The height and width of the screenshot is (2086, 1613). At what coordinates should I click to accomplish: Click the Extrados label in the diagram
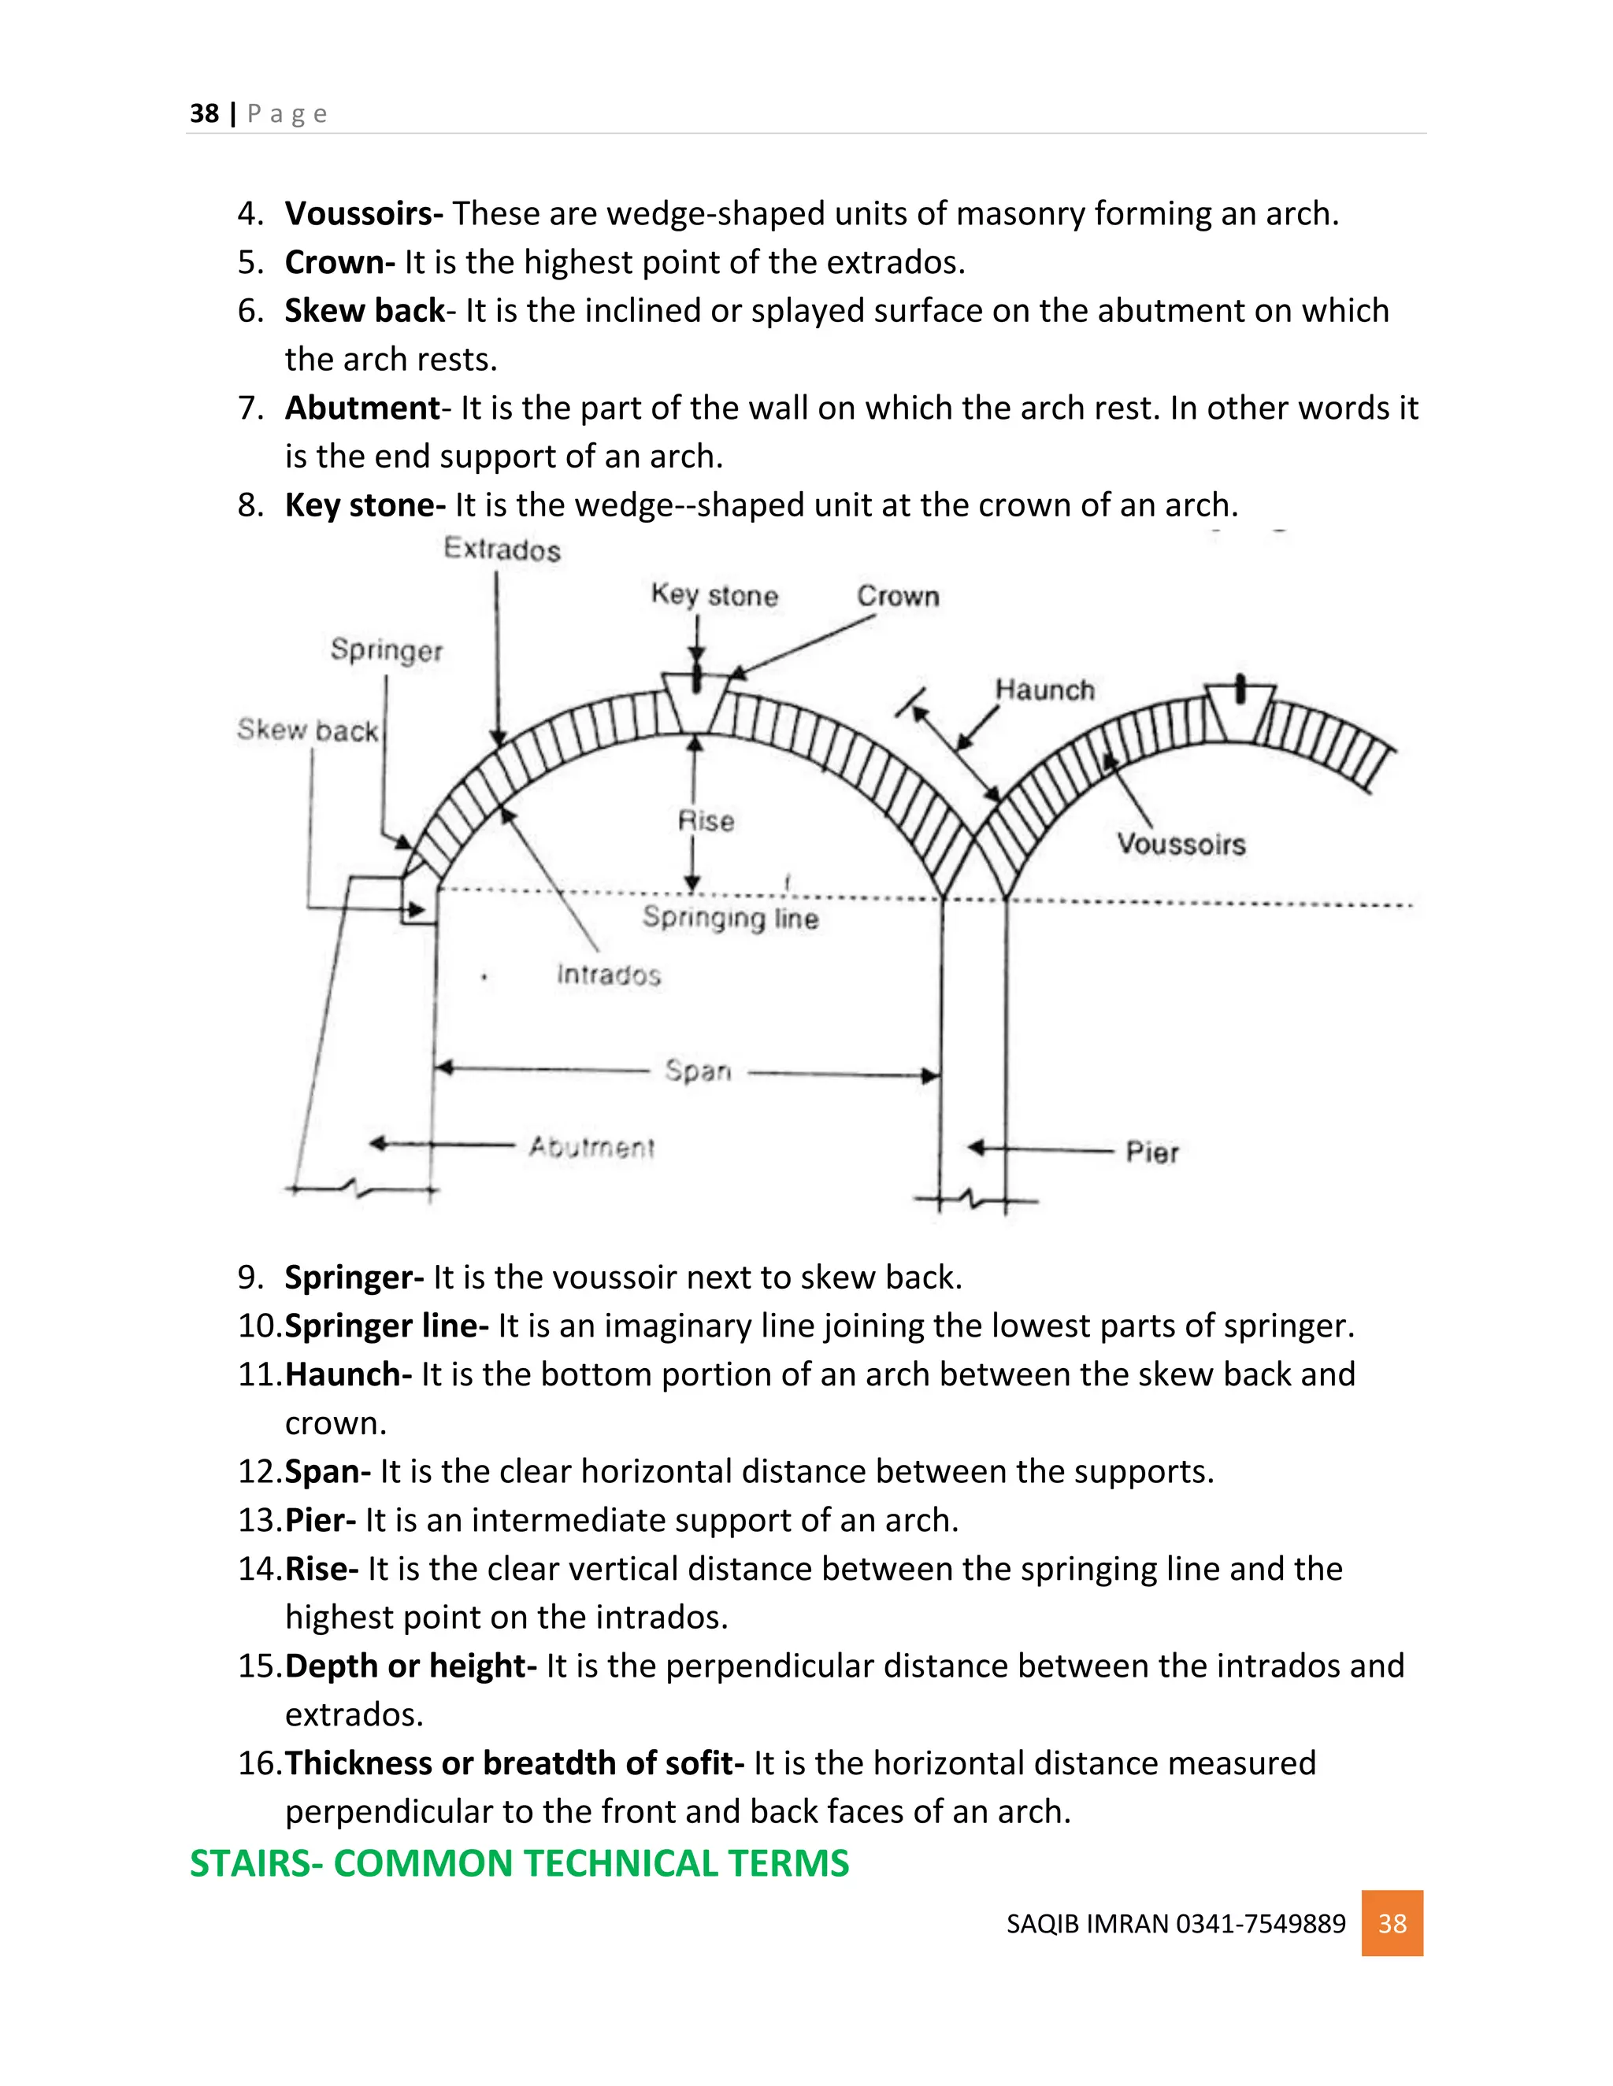(502, 549)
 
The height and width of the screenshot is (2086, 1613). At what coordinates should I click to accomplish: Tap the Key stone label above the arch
(715, 595)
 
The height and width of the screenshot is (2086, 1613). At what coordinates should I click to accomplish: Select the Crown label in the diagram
(897, 596)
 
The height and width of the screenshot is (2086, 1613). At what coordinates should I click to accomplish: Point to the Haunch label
(1044, 690)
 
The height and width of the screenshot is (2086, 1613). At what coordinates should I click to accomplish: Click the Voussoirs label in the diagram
(1181, 845)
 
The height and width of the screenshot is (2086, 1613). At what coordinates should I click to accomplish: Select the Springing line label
(730, 918)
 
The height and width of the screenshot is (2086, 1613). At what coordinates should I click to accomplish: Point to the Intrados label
(609, 975)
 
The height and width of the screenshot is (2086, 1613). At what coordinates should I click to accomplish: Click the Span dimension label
(698, 1071)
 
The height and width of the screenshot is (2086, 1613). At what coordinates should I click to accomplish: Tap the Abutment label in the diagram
(591, 1147)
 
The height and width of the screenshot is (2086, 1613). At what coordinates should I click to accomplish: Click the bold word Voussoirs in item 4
(363, 213)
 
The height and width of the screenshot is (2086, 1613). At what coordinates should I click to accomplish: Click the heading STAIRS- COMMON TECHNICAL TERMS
(519, 1863)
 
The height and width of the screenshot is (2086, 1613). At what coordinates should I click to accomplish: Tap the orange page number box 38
(1392, 1923)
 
